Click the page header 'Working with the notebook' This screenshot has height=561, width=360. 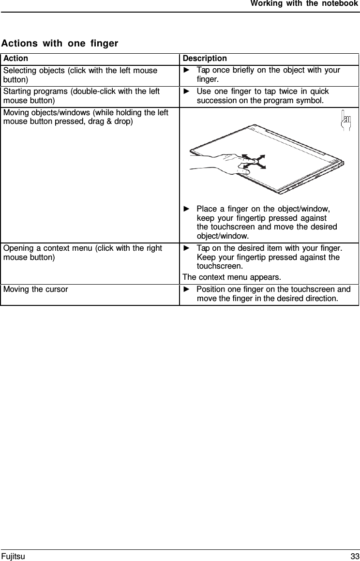304,4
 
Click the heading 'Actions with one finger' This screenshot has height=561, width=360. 60,44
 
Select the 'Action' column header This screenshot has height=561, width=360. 15,59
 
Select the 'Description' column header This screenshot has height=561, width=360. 205,59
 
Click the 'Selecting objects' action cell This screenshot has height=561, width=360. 80,75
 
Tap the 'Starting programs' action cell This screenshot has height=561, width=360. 81,96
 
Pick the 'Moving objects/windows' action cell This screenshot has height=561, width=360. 86,117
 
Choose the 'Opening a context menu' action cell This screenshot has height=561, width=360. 82,253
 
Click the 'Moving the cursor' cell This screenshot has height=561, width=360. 36,289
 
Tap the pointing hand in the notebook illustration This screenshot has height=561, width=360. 218,162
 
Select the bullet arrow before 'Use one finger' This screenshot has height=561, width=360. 187,91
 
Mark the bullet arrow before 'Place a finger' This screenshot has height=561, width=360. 187,209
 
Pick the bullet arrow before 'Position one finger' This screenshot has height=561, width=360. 187,289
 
